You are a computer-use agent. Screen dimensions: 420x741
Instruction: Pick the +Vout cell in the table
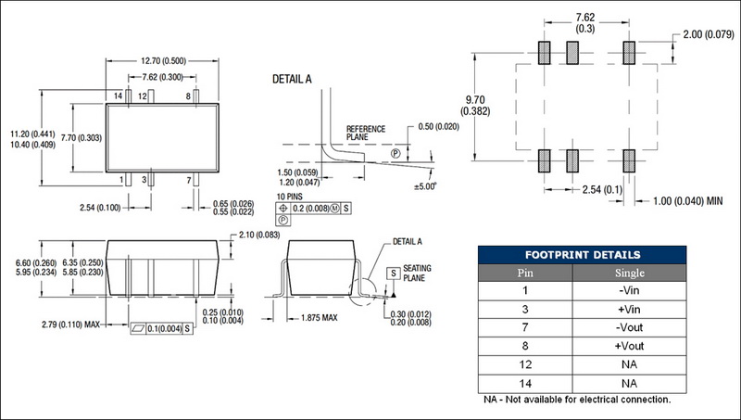pyautogui.click(x=630, y=345)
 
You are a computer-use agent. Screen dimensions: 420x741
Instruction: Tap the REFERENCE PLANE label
pyautogui.click(x=364, y=132)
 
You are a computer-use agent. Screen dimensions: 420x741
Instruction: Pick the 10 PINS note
pyautogui.click(x=292, y=197)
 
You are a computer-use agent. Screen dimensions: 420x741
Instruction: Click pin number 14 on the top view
pyautogui.click(x=118, y=96)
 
